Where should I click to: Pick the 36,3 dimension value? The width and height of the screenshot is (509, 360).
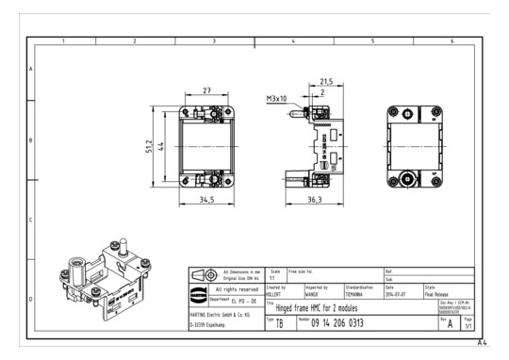[314, 200]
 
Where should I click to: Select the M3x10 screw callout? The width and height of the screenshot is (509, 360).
[277, 99]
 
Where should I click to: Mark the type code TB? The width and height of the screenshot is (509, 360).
[278, 323]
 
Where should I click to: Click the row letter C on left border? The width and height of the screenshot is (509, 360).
[31, 221]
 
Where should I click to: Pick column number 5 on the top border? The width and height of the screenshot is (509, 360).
[372, 41]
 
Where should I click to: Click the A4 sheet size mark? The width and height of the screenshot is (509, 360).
[482, 343]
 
